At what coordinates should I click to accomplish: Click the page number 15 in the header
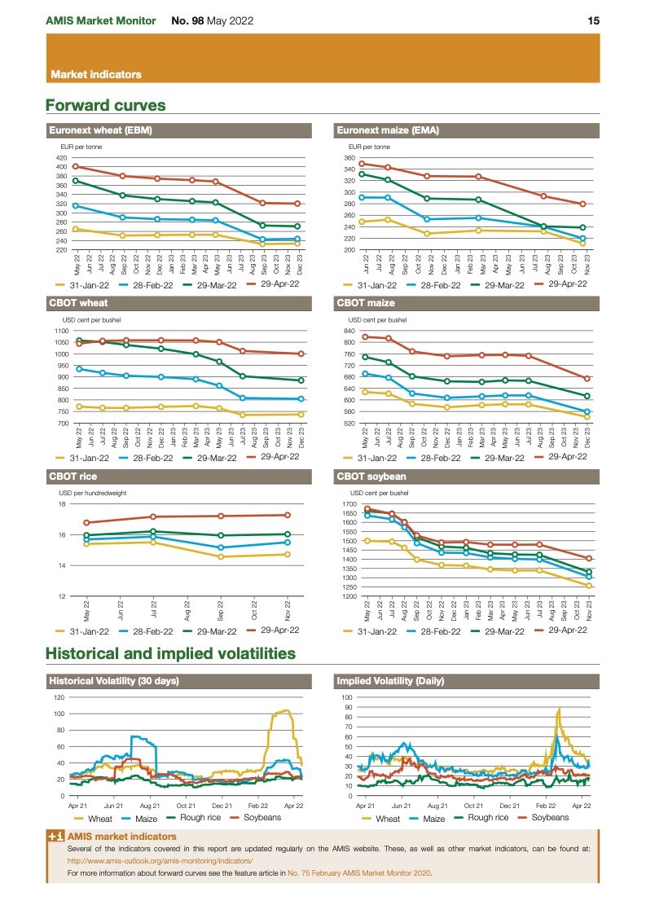pyautogui.click(x=593, y=20)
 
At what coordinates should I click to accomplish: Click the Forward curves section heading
pyautogui.click(x=106, y=105)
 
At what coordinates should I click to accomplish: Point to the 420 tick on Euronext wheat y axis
pyautogui.click(x=62, y=157)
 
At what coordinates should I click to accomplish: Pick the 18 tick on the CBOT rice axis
pyautogui.click(x=62, y=504)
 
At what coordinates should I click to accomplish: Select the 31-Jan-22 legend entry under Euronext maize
pyautogui.click(x=370, y=285)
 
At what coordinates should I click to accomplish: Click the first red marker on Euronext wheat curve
pyautogui.click(x=76, y=166)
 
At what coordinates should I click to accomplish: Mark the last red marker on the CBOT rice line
pyautogui.click(x=288, y=515)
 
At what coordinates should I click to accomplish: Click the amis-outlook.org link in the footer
pyautogui.click(x=160, y=860)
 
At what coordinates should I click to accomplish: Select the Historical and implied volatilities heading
pyautogui.click(x=170, y=653)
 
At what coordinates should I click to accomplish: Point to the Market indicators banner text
pyautogui.click(x=96, y=74)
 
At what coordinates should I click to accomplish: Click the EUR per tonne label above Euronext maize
pyautogui.click(x=369, y=147)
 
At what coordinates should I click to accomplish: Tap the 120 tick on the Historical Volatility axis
pyautogui.click(x=59, y=697)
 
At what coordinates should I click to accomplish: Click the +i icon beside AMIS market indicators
pyautogui.click(x=55, y=837)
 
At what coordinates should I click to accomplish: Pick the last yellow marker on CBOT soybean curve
pyautogui.click(x=588, y=586)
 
